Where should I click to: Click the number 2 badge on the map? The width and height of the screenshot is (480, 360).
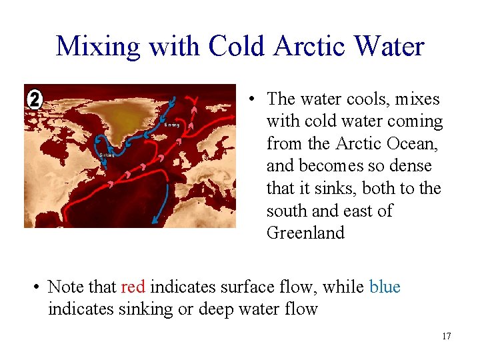click(35, 99)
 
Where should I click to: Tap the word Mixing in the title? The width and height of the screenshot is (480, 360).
click(98, 47)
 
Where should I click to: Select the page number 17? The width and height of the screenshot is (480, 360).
click(446, 336)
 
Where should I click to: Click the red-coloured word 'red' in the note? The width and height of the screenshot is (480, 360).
click(133, 287)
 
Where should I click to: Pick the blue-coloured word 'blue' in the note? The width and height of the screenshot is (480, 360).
click(385, 287)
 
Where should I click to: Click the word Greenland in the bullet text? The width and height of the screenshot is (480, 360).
click(305, 233)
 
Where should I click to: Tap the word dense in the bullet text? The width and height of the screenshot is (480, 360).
click(411, 166)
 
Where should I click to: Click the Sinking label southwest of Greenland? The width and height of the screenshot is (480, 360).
click(107, 155)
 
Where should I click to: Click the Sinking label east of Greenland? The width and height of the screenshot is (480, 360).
click(172, 125)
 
